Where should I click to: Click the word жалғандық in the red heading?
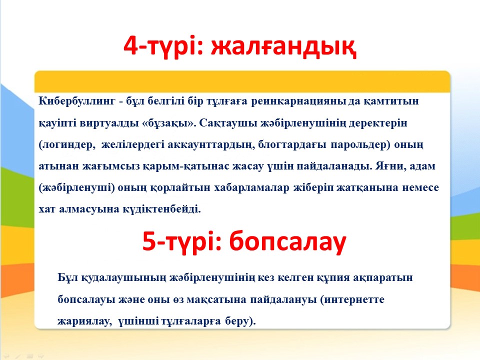pyautogui.click(x=283, y=46)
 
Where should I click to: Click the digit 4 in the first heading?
pyautogui.click(x=130, y=46)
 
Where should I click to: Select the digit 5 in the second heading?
pyautogui.click(x=149, y=241)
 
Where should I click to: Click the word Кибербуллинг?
pyautogui.click(x=77, y=101)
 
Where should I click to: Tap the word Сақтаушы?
pyautogui.click(x=228, y=123)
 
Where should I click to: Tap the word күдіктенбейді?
pyautogui.click(x=161, y=209)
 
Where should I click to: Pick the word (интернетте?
pyautogui.click(x=352, y=299)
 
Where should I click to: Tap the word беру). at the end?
pyautogui.click(x=240, y=321)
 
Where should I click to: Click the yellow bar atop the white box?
pyautogui.click(x=242, y=81)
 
